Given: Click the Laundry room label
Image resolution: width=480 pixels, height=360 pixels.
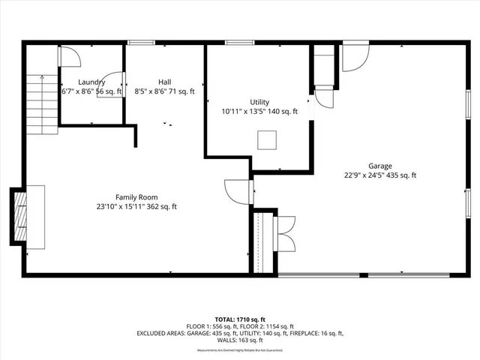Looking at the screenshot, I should [91, 82].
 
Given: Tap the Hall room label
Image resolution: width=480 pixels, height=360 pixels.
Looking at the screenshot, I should [164, 82].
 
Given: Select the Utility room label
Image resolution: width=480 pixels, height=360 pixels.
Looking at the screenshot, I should [259, 102].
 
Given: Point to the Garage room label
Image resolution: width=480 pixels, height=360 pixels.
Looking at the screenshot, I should [379, 166].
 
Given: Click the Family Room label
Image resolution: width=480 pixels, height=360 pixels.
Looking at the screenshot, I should [136, 197].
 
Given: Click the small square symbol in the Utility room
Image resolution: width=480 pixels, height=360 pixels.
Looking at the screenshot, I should [266, 140].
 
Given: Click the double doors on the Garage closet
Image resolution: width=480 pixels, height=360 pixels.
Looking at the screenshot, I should [286, 234].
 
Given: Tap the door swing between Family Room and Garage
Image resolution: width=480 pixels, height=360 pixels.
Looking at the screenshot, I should [238, 191].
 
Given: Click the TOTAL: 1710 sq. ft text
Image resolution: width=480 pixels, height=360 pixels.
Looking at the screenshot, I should [239, 319].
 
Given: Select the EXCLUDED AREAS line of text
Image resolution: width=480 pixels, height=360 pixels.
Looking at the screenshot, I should [239, 333].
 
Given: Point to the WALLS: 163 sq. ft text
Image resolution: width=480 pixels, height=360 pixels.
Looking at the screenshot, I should [240, 340].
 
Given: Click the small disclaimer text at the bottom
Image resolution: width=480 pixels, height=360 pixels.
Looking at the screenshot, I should [239, 350].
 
